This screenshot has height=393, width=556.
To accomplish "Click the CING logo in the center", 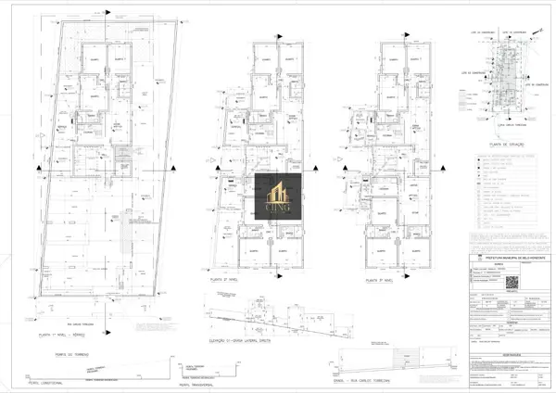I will click(x=279, y=199).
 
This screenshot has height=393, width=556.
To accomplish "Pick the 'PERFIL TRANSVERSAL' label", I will click(x=196, y=381).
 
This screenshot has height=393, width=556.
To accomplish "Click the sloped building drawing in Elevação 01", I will click(x=278, y=324).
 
